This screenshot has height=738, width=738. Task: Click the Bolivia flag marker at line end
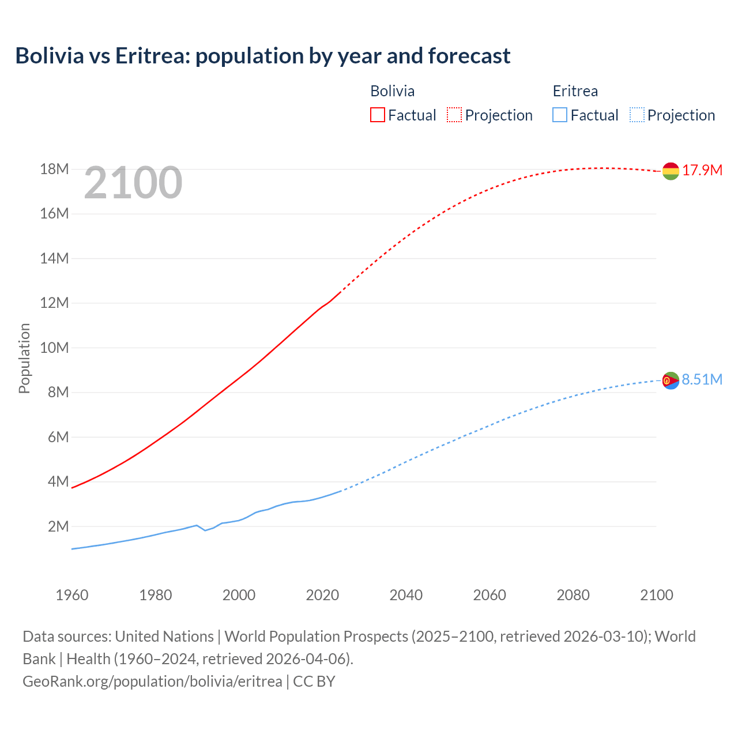coord(671,171)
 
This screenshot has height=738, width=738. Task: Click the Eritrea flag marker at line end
coord(671,381)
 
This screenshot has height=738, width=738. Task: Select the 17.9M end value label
coord(702,170)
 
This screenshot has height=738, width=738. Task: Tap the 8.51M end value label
coord(702,379)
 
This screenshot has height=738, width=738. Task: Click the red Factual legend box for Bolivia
coord(377,115)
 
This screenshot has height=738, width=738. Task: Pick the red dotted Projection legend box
coord(454,115)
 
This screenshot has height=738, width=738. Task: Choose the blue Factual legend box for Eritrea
coord(560,115)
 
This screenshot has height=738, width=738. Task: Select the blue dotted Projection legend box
coord(637,115)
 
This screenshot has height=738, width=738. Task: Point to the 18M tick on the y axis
coord(55,169)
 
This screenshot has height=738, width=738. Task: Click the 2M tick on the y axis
coord(58,526)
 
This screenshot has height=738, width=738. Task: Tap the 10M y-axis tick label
coord(55,348)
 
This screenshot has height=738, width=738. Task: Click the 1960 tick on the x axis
coord(72,595)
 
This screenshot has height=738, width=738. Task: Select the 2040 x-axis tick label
coord(406,595)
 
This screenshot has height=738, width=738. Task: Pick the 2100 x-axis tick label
coord(656,595)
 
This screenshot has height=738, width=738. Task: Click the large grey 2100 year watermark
coord(133,183)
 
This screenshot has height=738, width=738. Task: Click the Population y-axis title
coord(24,358)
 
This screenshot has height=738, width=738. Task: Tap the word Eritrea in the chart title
coord(151,56)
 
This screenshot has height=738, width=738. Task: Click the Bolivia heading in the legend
coord(392,91)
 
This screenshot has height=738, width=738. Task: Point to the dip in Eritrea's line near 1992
coord(205,530)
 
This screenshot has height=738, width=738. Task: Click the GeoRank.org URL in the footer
coord(152,681)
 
